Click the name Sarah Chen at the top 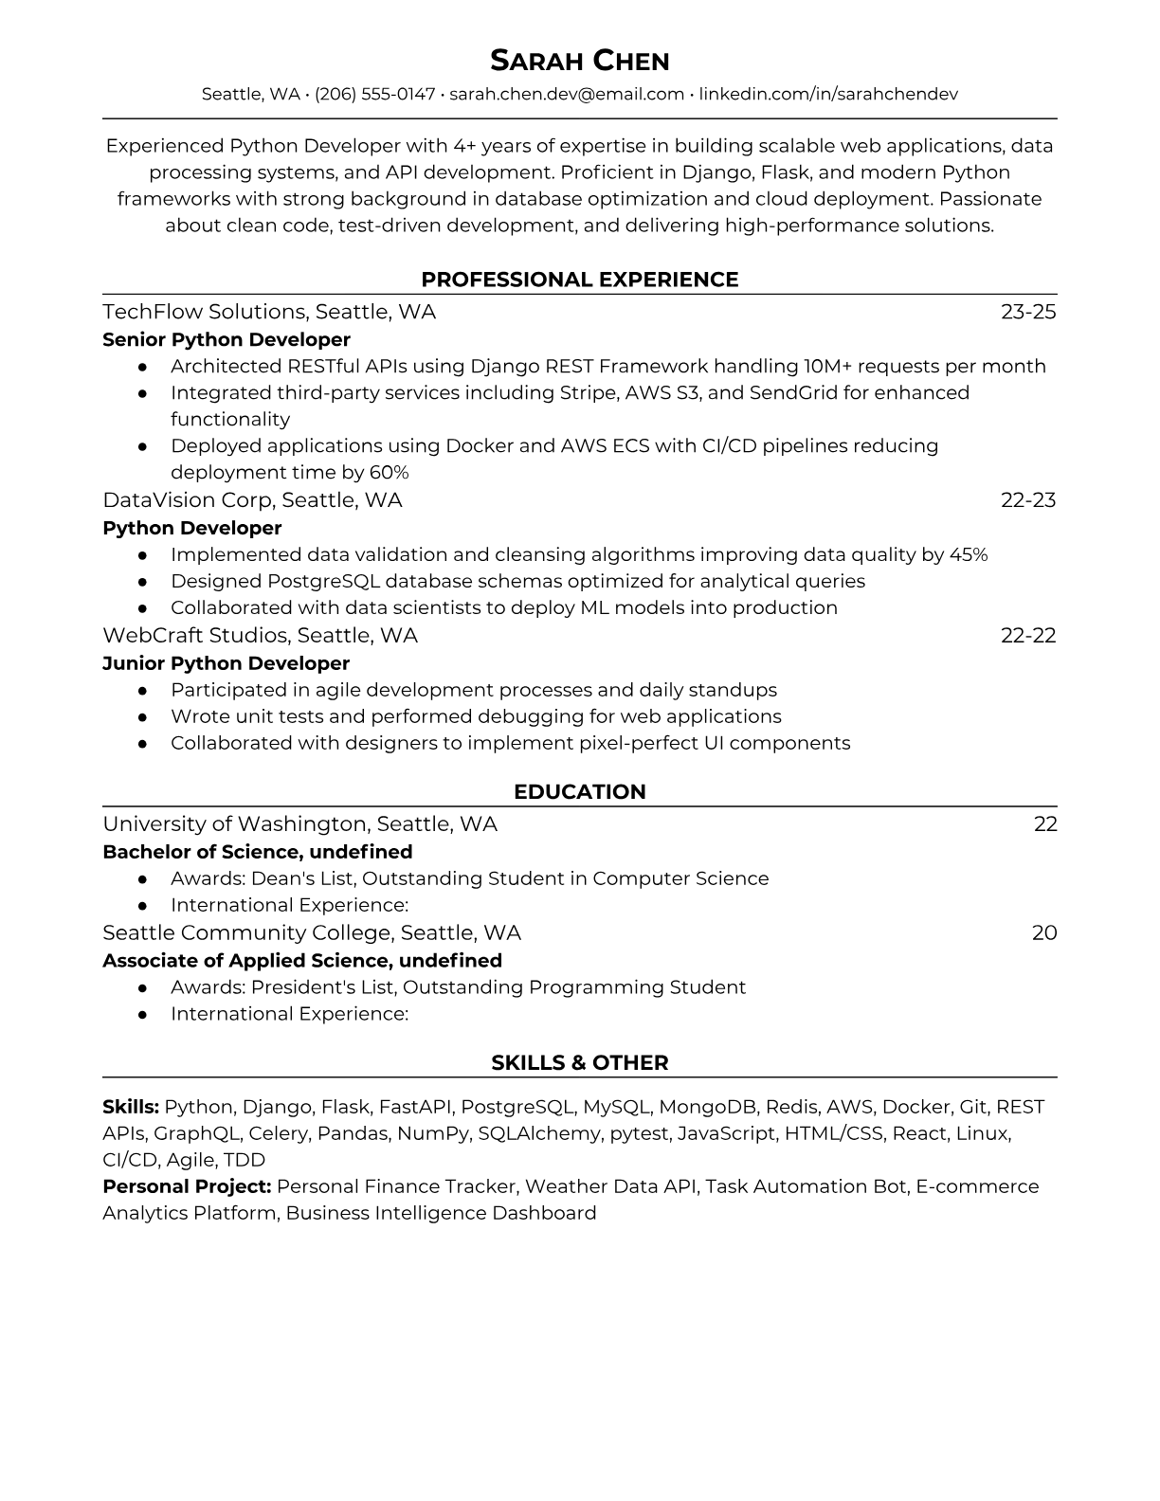[579, 61]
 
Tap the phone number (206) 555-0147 [374, 94]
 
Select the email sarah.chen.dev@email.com [566, 94]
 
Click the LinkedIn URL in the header [828, 94]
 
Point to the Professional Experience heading [579, 280]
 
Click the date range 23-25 [1028, 312]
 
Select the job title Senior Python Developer [227, 339]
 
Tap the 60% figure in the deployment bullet [389, 472]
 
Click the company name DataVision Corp [187, 499]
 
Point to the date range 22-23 [1028, 499]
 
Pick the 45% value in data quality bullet [968, 554]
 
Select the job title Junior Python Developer [227, 663]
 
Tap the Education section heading [579, 792]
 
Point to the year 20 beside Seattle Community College [1044, 932]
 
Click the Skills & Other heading [579, 1063]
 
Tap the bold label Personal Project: [187, 1186]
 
